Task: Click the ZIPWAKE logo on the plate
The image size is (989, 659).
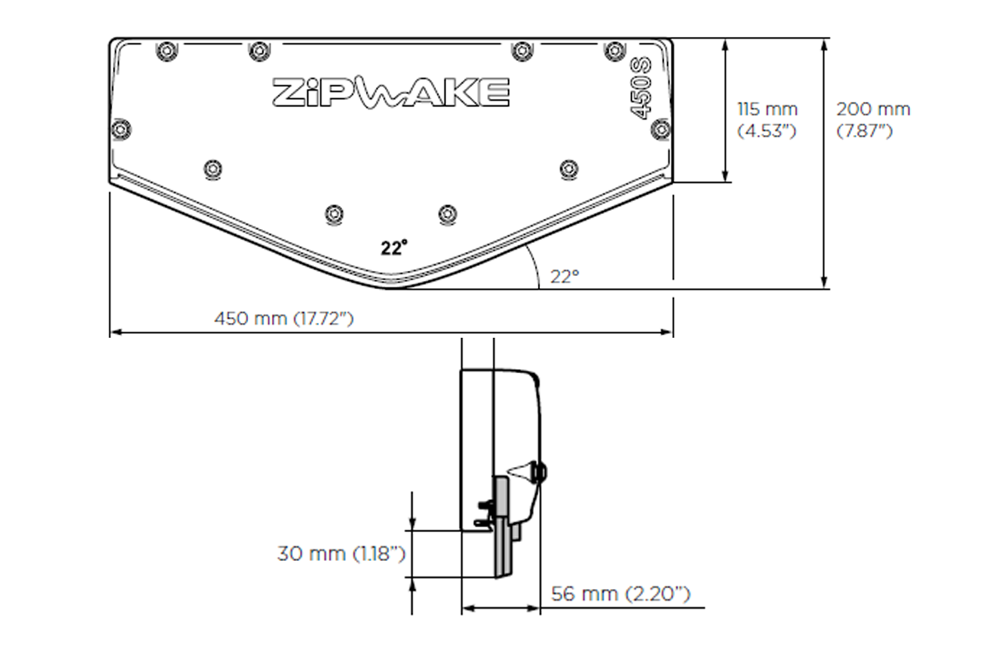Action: pos(391,92)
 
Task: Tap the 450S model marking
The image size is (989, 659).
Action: pos(641,87)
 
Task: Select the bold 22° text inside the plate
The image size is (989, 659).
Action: pos(394,247)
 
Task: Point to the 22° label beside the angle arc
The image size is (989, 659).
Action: pos(565,277)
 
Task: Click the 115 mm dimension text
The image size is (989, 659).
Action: pos(766,110)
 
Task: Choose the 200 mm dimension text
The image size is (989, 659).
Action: pos(874,110)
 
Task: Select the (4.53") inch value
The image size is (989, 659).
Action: pos(766,130)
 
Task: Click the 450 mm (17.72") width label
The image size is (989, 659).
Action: pos(284,318)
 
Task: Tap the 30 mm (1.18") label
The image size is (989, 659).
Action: pos(340,554)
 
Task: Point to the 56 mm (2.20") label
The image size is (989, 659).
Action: pos(621,593)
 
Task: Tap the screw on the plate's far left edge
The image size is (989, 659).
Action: pos(120,129)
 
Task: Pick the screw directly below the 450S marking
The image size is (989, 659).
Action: pos(659,128)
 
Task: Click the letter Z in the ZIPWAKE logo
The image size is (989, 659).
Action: pos(288,92)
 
